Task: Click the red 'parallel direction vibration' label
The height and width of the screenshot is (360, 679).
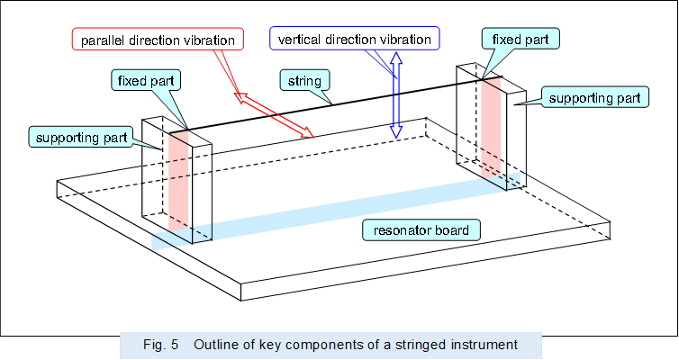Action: (158, 40)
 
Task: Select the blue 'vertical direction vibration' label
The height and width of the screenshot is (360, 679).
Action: (354, 40)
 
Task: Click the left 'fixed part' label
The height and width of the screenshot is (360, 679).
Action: (147, 80)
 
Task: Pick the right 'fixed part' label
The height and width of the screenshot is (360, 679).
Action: (521, 39)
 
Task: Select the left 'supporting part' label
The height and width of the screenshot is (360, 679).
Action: (80, 137)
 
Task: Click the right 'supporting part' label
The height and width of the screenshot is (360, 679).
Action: (594, 96)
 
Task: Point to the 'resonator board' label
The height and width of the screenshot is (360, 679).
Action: (421, 230)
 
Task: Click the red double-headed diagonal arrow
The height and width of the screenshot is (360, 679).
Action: (275, 115)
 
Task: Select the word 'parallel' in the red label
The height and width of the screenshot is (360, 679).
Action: (104, 40)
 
